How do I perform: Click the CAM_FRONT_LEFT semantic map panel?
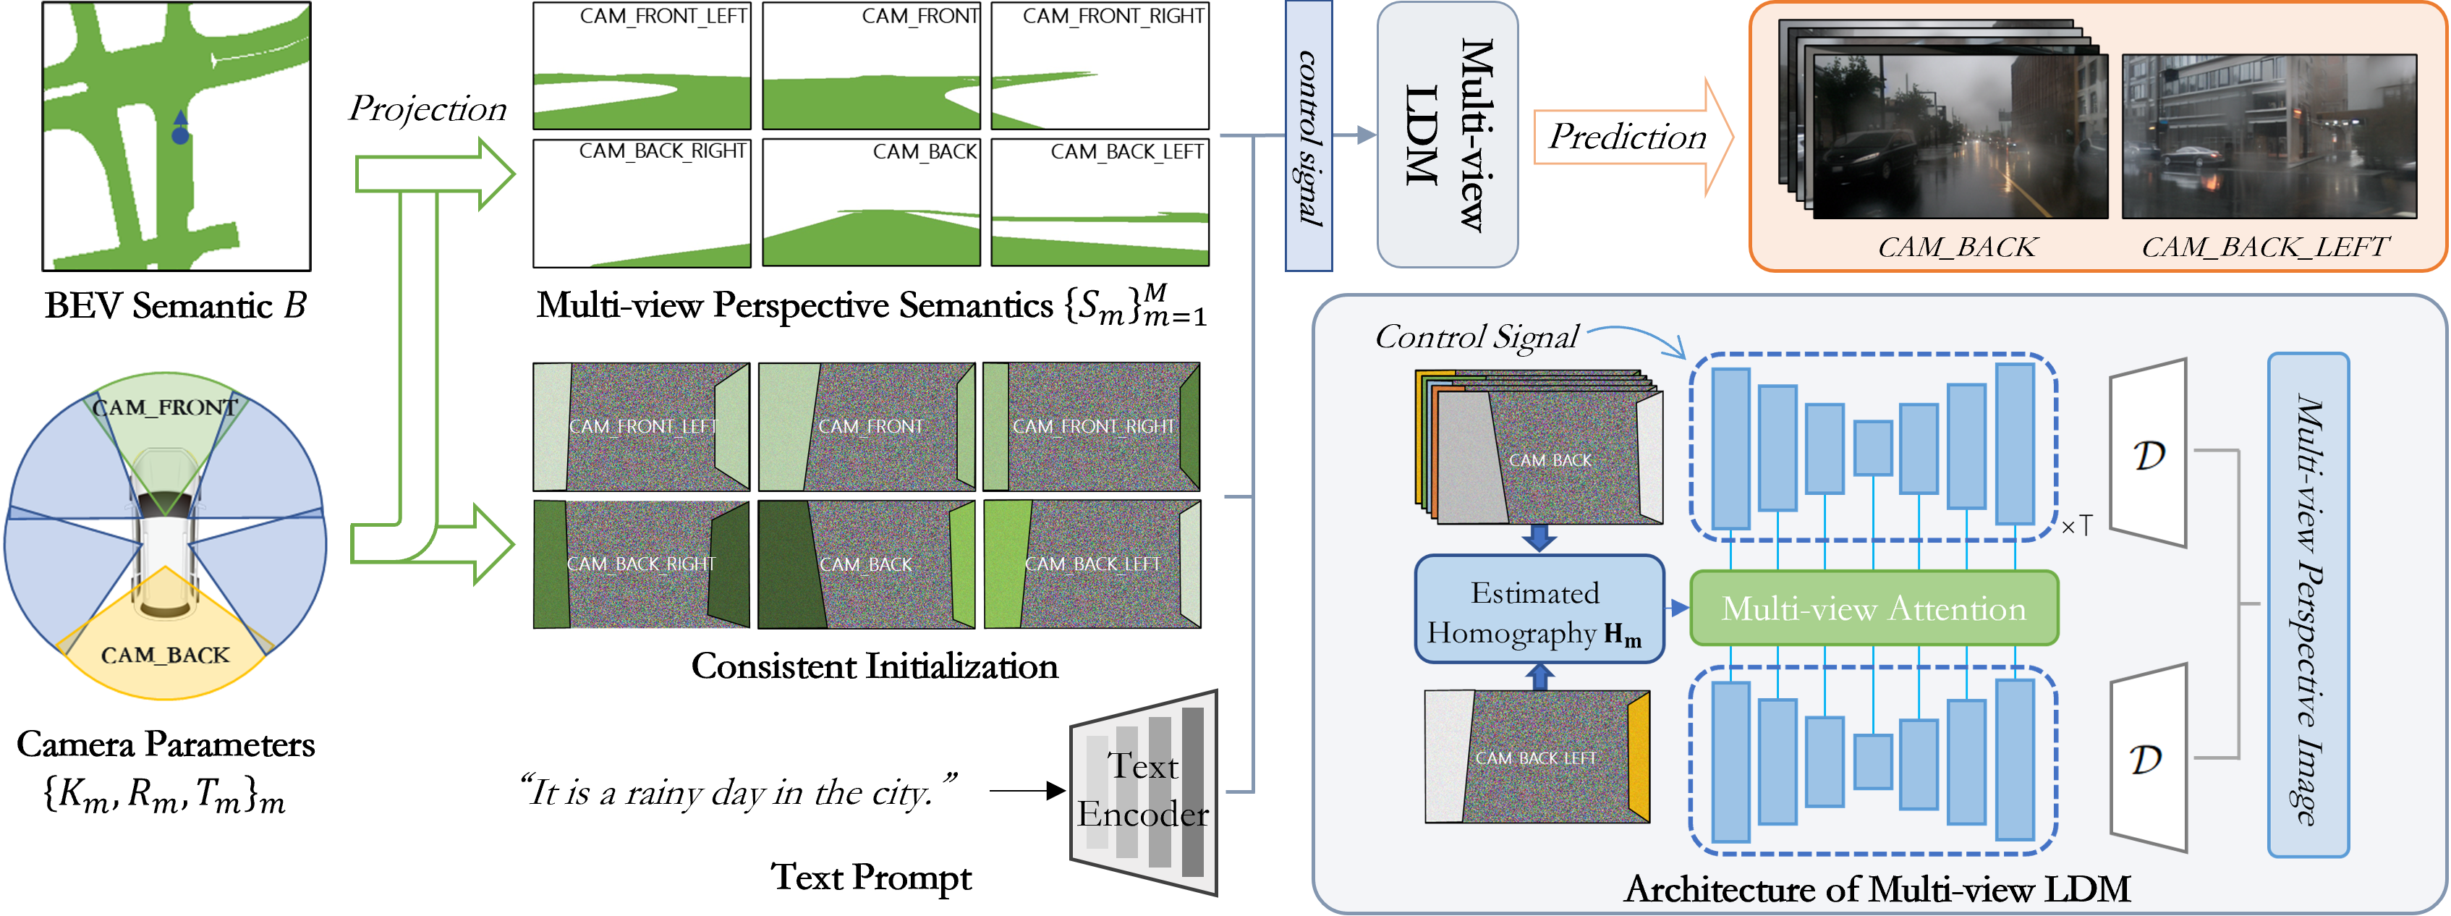641,66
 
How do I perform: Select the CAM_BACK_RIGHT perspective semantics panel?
641,203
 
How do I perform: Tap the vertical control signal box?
1308,136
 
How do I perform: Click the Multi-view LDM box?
1446,135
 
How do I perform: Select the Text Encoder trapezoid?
1144,792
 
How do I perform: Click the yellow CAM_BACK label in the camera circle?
165,656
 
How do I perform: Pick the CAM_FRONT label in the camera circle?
165,407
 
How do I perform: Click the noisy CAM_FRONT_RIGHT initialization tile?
1092,426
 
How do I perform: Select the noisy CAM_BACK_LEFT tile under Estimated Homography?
1537,757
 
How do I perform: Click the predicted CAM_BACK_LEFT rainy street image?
2268,137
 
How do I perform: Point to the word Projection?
428,109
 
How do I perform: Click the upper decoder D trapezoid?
2147,454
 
